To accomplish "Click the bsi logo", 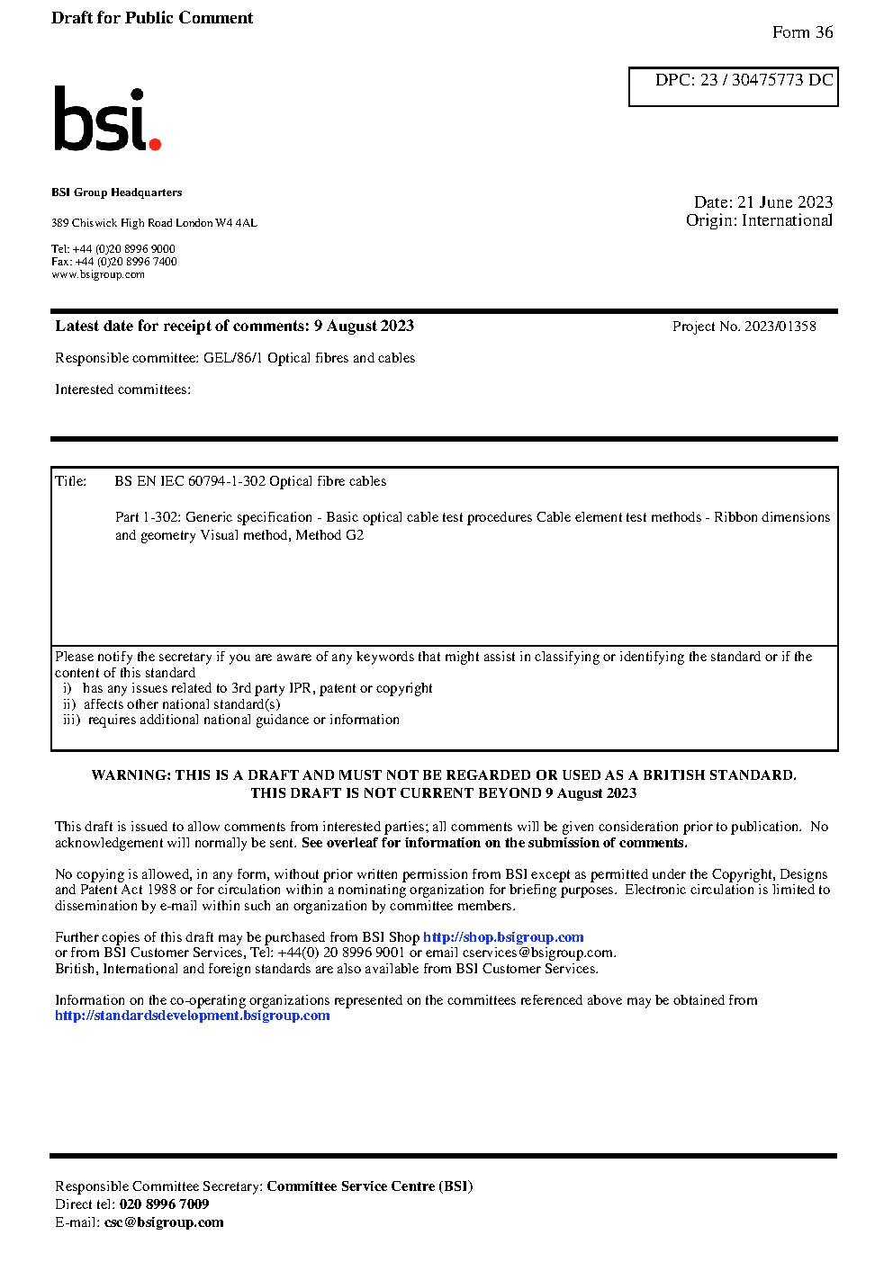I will click(x=106, y=119).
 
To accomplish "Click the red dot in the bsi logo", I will click(x=155, y=143).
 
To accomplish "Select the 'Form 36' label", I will click(x=802, y=32).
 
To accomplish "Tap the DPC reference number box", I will click(x=733, y=86).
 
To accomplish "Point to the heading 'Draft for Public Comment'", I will click(x=152, y=18).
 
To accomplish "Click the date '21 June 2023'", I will click(x=785, y=202).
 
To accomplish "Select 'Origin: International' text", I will click(x=759, y=220).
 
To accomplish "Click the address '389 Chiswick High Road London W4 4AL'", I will click(x=154, y=223).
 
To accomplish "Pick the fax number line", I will click(x=114, y=262).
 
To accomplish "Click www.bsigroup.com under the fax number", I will click(x=98, y=274).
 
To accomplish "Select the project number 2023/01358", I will click(x=780, y=327).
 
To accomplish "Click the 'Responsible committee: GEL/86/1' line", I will click(x=235, y=358).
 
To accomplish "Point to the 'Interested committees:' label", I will click(x=122, y=389).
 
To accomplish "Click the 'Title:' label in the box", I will click(x=70, y=481).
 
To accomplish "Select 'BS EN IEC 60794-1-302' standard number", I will click(x=190, y=481).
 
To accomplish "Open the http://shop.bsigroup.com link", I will click(x=503, y=937).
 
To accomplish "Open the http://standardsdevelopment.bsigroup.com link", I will click(x=192, y=1016).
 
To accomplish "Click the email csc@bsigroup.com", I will click(x=164, y=1222).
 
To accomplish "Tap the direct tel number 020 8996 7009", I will click(x=164, y=1204).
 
